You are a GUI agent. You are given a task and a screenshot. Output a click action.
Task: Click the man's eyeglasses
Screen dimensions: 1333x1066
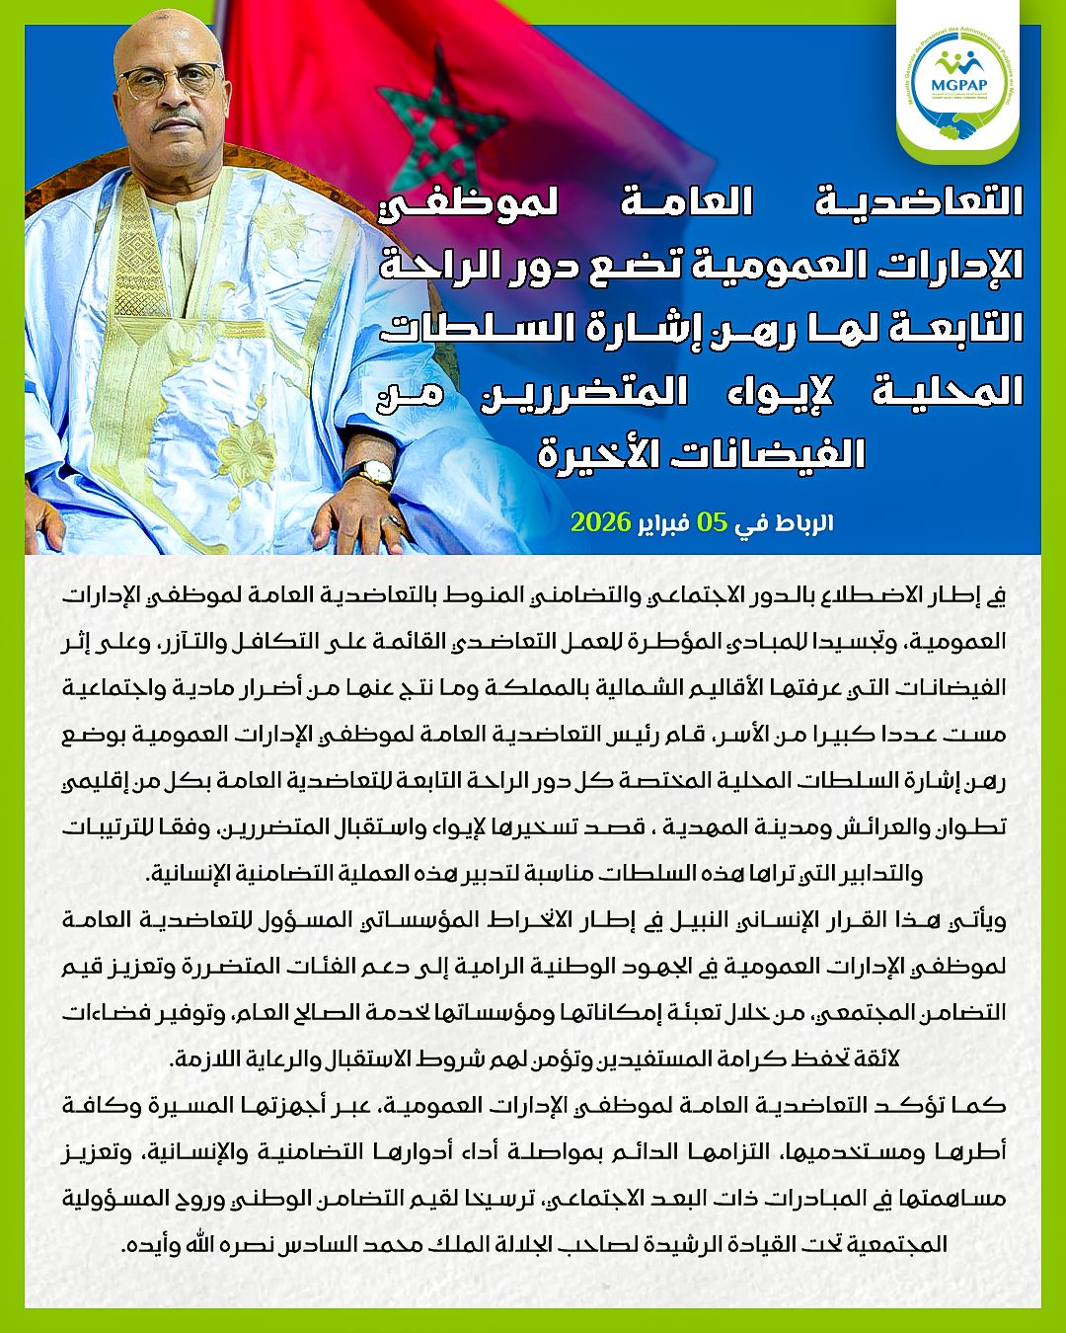pos(179,82)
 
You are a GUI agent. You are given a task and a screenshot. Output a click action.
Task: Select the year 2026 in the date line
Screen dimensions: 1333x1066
pos(600,521)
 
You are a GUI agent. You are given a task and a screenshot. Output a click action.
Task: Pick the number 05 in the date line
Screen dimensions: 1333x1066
pos(711,521)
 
